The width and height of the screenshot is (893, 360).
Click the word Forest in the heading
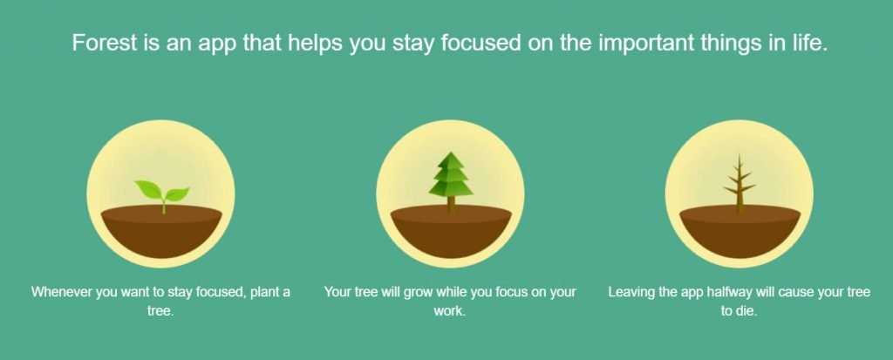pos(106,44)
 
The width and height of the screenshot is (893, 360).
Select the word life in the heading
pos(807,44)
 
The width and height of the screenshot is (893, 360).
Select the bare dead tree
pos(740,183)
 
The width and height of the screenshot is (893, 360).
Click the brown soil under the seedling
pos(161,231)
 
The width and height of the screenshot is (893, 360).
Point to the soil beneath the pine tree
pos(451,231)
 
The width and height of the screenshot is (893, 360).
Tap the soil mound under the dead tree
pos(740,231)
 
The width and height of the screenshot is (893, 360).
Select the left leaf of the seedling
pos(148,188)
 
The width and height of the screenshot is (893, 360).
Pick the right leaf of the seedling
pos(177,194)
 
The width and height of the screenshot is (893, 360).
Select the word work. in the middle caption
pos(450,312)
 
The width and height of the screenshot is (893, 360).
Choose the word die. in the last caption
pos(746,312)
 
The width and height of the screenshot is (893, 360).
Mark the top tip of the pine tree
pos(451,152)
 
